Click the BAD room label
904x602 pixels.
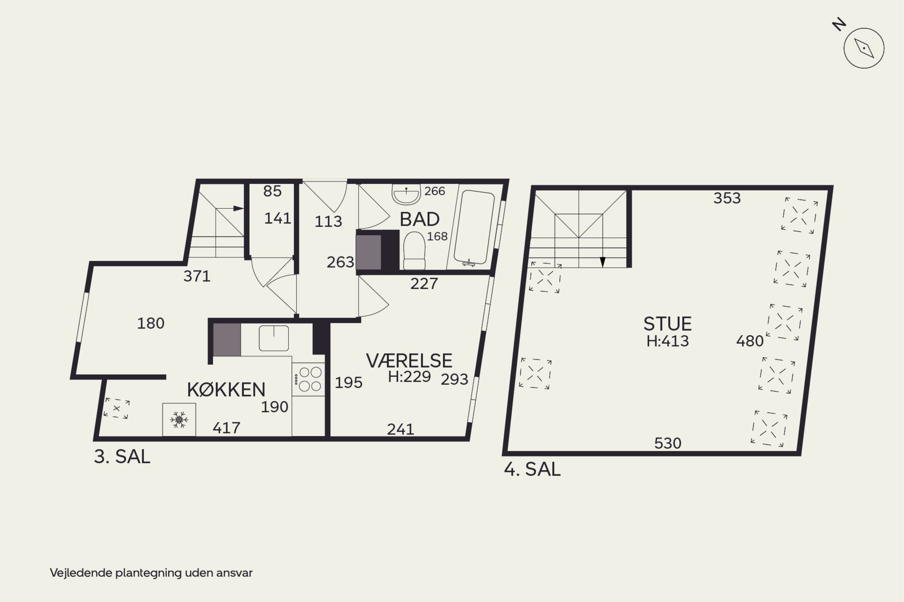click(419, 219)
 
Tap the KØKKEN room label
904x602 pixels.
click(226, 390)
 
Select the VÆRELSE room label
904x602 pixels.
click(409, 360)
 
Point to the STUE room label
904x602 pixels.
click(667, 324)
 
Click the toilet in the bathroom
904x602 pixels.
click(414, 251)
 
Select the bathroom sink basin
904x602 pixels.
click(406, 194)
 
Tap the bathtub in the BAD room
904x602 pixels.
click(474, 227)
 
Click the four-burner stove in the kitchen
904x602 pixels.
click(309, 379)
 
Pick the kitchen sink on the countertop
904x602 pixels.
click(274, 338)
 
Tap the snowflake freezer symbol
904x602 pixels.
click(179, 420)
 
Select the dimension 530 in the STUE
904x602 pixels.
click(668, 443)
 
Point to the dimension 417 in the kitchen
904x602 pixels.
click(227, 428)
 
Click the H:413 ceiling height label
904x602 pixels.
click(668, 341)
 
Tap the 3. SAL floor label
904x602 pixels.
click(122, 457)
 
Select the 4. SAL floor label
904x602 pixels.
click(532, 469)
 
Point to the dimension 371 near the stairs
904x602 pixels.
click(197, 276)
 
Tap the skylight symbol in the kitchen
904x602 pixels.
click(116, 408)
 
